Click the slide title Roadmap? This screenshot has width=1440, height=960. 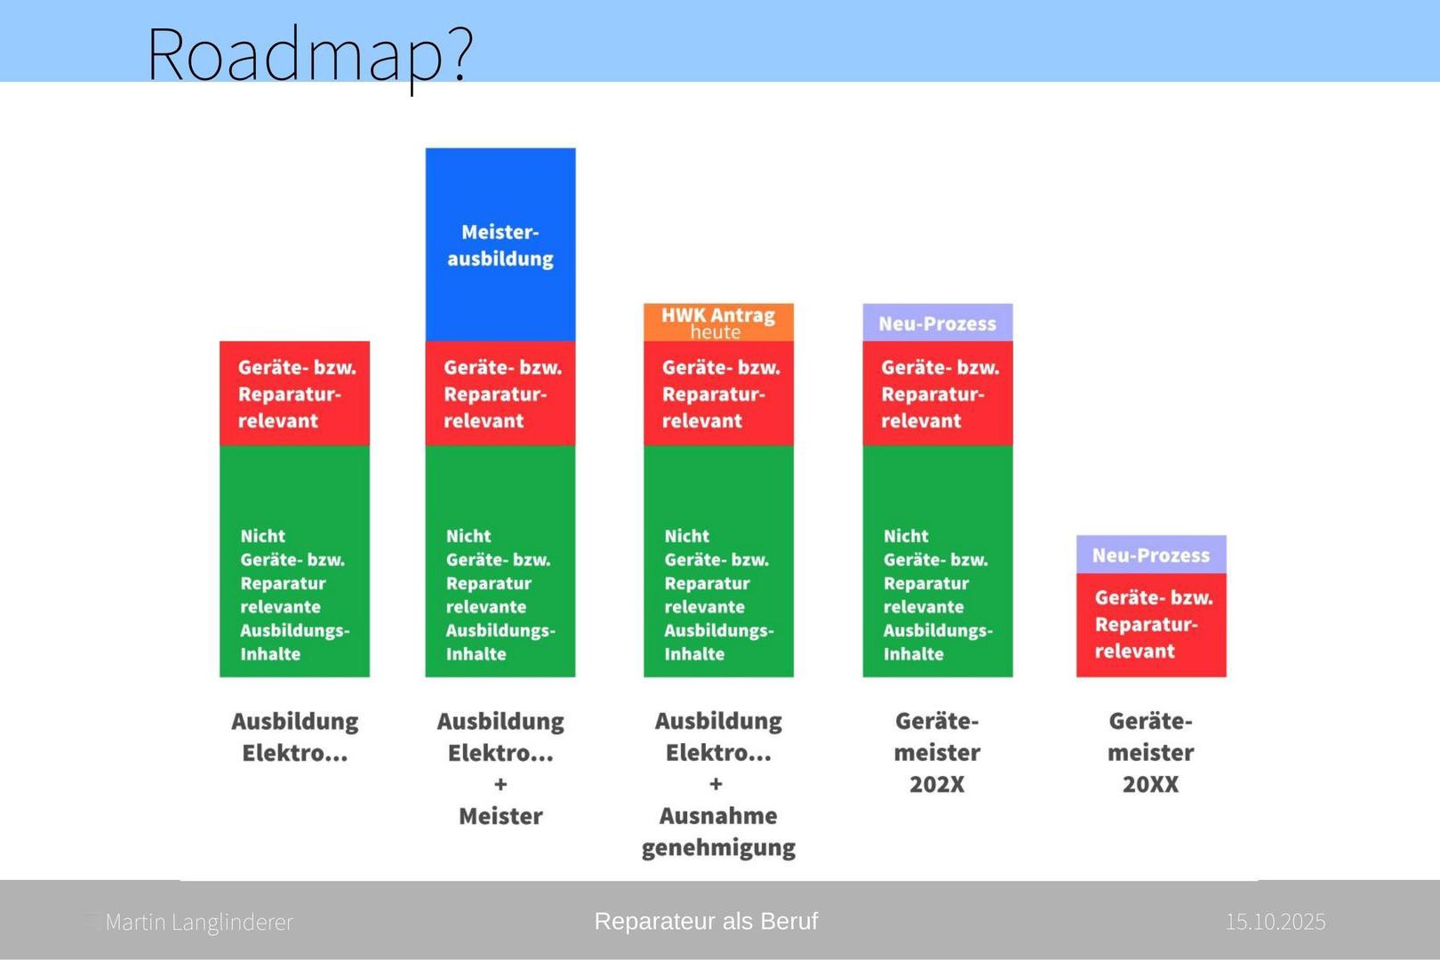pos(310,57)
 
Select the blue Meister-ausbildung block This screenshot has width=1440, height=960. pos(500,244)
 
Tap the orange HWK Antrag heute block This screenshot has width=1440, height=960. pos(719,322)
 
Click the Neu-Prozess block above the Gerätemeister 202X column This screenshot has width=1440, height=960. pos(937,322)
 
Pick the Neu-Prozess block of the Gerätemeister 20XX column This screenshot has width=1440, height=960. pos(1151,555)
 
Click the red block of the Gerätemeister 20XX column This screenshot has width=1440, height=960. pos(1151,625)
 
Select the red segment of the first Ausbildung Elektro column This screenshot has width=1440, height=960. pos(294,394)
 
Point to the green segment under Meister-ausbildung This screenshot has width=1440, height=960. pos(500,562)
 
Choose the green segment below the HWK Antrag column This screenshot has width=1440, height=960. pos(719,562)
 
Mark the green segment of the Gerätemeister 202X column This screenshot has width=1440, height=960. pos(937,562)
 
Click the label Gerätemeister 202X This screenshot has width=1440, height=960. pos(937,752)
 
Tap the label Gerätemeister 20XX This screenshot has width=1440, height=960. pos(1151,752)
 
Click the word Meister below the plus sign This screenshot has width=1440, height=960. pos(500,816)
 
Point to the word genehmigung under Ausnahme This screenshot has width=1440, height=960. pos(719,848)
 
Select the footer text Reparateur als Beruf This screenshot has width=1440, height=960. pos(706,921)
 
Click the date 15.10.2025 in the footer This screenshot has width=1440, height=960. pos(1276,922)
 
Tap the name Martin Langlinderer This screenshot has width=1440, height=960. pos(198,922)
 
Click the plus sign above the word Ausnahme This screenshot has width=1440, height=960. pos(716,784)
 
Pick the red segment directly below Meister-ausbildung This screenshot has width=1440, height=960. pos(500,394)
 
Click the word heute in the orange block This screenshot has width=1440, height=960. pos(716,332)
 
